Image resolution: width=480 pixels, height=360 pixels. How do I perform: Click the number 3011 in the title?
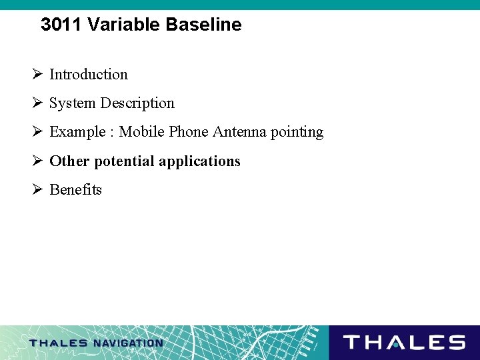point(61,25)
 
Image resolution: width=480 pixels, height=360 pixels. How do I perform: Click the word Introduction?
point(89,75)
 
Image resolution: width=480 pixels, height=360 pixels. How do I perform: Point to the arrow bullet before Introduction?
point(38,75)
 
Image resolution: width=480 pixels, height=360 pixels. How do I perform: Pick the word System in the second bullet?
point(72,103)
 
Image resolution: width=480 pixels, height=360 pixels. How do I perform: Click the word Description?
point(137,103)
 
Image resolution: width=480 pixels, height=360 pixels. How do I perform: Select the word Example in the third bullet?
point(77,132)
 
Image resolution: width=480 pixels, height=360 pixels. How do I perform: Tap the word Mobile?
point(142,132)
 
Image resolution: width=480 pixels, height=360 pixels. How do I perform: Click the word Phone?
point(189,132)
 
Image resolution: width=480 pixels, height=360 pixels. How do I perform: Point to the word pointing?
point(297,133)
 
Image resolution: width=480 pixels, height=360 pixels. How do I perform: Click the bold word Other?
point(69,161)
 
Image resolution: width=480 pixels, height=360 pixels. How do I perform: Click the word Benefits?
point(76,190)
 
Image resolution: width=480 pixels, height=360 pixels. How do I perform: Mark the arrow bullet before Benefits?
point(38,190)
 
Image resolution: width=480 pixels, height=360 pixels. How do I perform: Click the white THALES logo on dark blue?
point(404,343)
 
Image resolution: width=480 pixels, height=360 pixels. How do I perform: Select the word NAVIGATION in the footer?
point(128,343)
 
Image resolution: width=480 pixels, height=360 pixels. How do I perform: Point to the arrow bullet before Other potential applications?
point(38,161)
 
